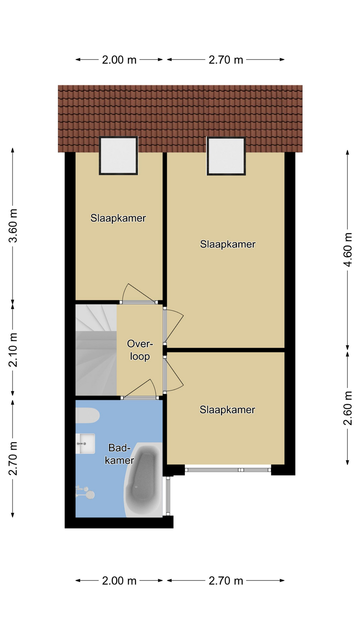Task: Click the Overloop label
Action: pos(140,350)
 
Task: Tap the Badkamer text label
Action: pos(119,454)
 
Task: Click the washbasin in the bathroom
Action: pos(85,443)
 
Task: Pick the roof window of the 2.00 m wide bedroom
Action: pos(118,155)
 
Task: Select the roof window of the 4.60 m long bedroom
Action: pos(226,156)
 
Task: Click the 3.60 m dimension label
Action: pos(13,226)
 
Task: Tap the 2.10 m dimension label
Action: pos(13,350)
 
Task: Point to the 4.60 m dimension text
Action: pos(348,249)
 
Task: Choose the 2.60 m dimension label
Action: pos(348,408)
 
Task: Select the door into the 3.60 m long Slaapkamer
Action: pos(139,294)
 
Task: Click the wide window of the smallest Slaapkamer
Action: pos(228,470)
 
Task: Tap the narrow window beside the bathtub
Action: pos(168,496)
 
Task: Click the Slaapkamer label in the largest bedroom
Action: pos(228,244)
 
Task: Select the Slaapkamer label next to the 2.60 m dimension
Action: pos(227,410)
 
